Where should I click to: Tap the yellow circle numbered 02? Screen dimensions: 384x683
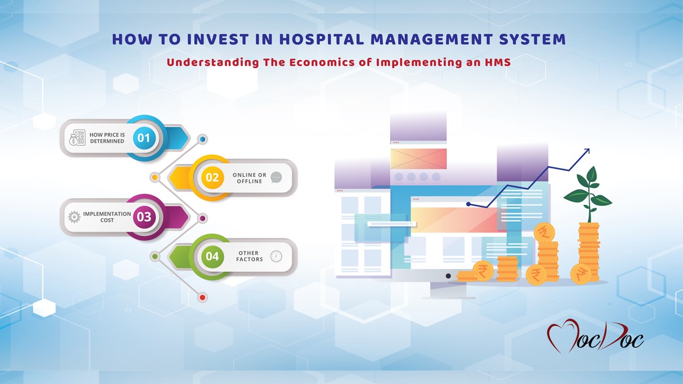pos(212,178)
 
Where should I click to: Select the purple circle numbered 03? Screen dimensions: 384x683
pos(144,217)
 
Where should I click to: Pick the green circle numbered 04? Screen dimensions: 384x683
pos(212,257)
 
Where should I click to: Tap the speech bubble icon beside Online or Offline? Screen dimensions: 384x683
pos(276,178)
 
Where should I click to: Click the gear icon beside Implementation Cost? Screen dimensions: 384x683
pos(74,217)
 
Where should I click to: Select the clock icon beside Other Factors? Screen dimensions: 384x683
pos(276,257)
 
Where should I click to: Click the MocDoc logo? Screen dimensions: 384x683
pos(595,337)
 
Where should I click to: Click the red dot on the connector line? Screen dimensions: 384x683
pos(202,297)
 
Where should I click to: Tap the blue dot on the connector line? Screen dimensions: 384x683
pos(202,139)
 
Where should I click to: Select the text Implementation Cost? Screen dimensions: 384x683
pos(107,217)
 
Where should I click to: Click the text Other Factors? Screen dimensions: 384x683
pos(249,257)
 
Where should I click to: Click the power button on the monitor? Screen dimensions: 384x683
pos(448,276)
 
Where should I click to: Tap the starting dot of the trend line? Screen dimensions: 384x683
pos(468,204)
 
